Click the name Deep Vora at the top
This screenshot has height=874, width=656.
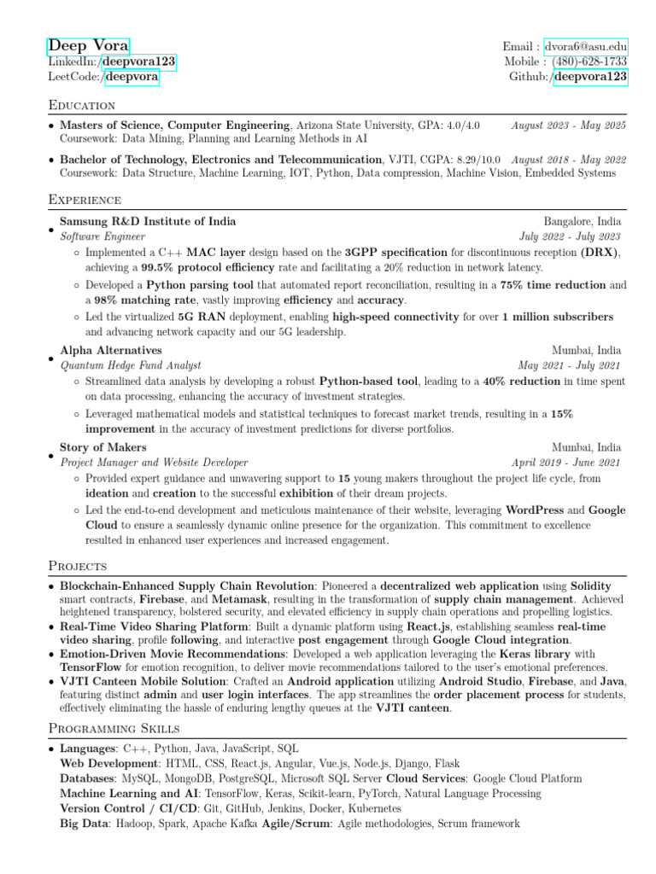coord(89,46)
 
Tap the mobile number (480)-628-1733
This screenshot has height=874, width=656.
coord(589,62)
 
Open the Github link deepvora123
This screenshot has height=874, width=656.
coord(591,78)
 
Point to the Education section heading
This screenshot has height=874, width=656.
coord(82,106)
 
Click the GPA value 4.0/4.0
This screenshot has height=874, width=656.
coord(461,125)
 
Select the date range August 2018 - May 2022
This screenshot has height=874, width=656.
coord(569,160)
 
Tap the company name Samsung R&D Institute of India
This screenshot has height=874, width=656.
coord(148,222)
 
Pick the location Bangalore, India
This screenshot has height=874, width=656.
coord(583,222)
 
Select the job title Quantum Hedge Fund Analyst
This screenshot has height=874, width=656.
coord(131,365)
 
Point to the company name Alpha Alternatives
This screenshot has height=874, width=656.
coord(111,351)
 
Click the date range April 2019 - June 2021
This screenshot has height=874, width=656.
coord(566,462)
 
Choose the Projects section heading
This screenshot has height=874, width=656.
coord(78,566)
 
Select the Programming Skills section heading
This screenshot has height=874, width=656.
coord(114,728)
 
